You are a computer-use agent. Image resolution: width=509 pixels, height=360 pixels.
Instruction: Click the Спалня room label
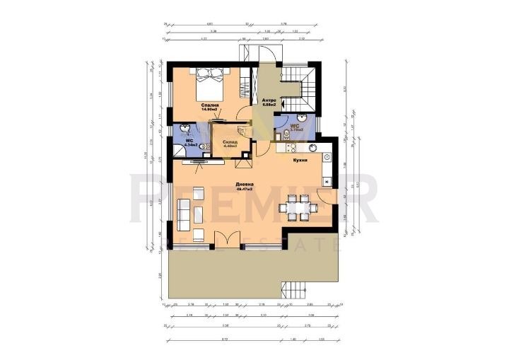point(209,105)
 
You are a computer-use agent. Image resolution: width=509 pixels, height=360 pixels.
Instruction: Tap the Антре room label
point(268,100)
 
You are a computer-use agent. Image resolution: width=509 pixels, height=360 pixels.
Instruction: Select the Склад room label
point(229,141)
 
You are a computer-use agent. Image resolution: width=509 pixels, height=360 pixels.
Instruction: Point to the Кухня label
point(299,161)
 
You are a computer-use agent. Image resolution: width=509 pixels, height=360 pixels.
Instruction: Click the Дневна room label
point(245,186)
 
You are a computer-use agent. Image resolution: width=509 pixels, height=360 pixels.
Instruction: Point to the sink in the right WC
point(303,119)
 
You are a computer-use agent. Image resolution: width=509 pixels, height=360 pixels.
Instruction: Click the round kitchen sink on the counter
point(310,148)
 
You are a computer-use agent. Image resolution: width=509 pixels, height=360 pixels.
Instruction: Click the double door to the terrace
point(226,240)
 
